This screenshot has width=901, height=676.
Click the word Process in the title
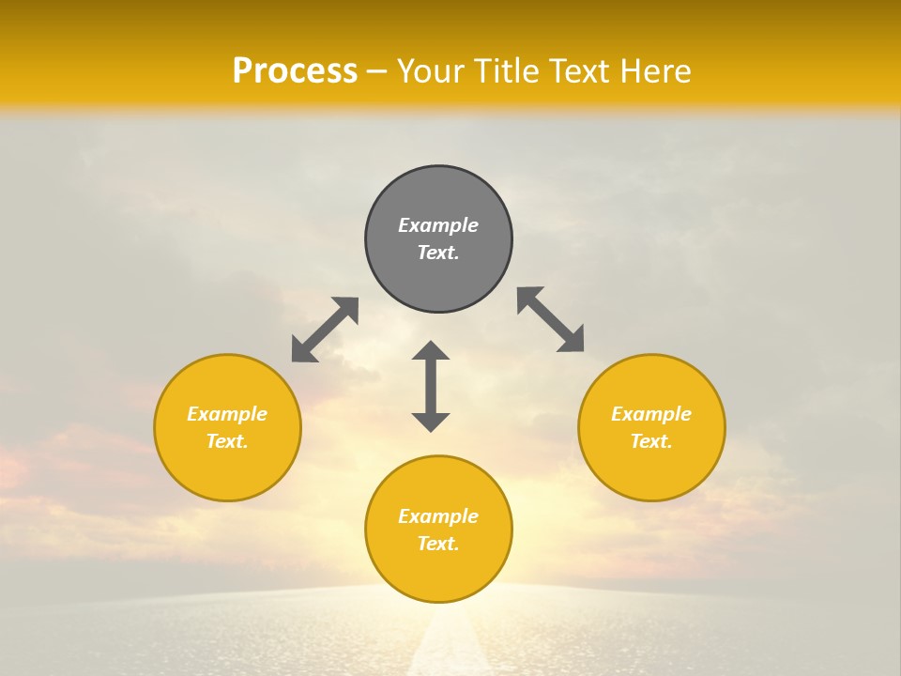pos(295,71)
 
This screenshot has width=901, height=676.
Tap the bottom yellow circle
pos(438,568)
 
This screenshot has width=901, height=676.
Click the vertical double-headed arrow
pos(431,386)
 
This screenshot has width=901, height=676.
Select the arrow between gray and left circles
pos(325,330)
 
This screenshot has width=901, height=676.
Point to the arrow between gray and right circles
pos(550,319)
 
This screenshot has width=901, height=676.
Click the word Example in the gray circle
pos(438,225)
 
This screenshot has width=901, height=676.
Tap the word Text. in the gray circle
pos(438,253)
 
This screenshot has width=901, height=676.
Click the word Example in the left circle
pos(227,414)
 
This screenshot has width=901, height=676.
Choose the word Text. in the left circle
pos(227,441)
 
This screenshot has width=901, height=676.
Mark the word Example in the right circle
pos(651,414)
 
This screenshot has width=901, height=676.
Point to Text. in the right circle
pos(651,441)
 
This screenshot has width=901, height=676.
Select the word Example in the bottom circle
pos(438,516)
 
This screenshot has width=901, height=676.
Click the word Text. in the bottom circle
pos(438,544)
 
